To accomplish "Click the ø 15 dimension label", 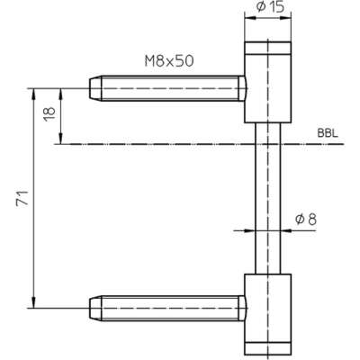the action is pyautogui.click(x=270, y=7).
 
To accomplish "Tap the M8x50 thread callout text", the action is pyautogui.click(x=169, y=61).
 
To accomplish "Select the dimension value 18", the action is pyautogui.click(x=49, y=113).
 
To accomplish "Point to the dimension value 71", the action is pyautogui.click(x=22, y=198).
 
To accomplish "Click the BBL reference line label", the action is pyautogui.click(x=328, y=133).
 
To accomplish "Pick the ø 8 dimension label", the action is pyautogui.click(x=306, y=220).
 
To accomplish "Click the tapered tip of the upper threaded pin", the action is pyautogui.click(x=95, y=88).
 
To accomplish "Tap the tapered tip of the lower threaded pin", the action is pyautogui.click(x=95, y=308).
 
